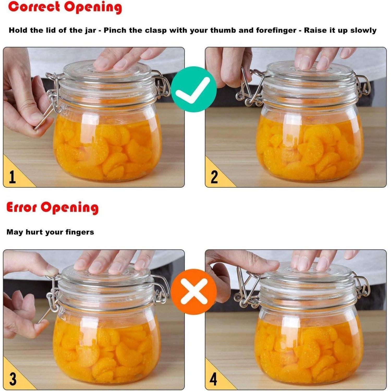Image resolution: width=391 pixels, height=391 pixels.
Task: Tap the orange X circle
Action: (194, 292)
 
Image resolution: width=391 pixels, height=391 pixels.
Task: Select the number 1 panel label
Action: (12, 177)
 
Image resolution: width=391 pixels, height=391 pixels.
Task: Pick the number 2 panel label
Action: (214, 177)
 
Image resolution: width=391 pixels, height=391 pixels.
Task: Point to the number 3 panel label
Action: (13, 379)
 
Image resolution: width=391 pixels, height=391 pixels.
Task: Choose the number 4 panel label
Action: (213, 379)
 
